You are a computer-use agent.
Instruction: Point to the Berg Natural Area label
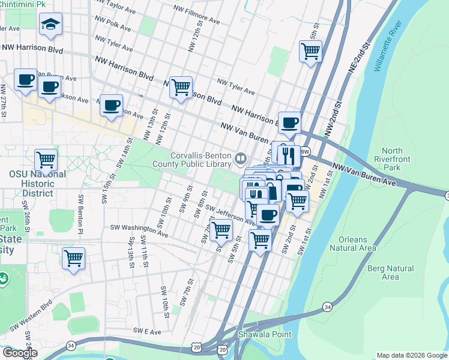(x=390, y=272)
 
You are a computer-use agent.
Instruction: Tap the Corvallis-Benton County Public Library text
(x=200, y=159)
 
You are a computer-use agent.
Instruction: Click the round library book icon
(x=241, y=158)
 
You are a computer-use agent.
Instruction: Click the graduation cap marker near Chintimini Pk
(x=50, y=24)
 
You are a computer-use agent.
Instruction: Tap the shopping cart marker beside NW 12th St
(x=181, y=87)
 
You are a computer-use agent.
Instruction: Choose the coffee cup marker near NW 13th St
(x=111, y=106)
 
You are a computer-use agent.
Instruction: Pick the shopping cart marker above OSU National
(x=46, y=160)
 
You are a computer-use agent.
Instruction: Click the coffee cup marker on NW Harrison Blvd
(x=289, y=122)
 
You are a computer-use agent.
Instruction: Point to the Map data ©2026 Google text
(x=411, y=355)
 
